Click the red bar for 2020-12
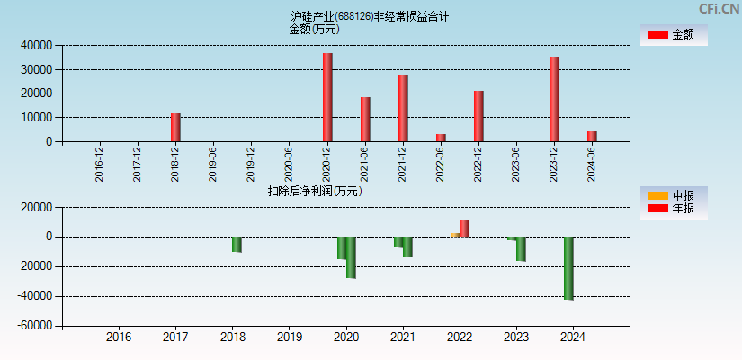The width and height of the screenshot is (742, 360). pyautogui.click(x=327, y=97)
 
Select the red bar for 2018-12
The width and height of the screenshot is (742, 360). pyautogui.click(x=175, y=127)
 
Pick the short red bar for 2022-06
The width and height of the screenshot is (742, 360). pyautogui.click(x=441, y=138)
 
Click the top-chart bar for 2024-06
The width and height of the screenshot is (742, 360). pyautogui.click(x=592, y=136)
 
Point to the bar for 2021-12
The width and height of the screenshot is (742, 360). pyautogui.click(x=403, y=108)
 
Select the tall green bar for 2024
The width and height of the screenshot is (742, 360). pyautogui.click(x=568, y=267)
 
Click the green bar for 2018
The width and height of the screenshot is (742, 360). pyautogui.click(x=237, y=244)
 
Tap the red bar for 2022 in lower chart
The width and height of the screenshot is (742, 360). pyautogui.click(x=464, y=228)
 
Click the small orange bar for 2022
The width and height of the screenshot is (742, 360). pyautogui.click(x=455, y=235)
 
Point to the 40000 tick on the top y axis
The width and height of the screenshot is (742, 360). pyautogui.click(x=37, y=45)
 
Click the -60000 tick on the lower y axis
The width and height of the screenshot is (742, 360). pyautogui.click(x=34, y=326)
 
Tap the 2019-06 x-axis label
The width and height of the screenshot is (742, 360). pyautogui.click(x=213, y=164)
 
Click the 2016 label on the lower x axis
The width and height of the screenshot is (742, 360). pyautogui.click(x=119, y=337)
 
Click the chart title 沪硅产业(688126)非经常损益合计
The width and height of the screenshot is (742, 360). pyautogui.click(x=370, y=16)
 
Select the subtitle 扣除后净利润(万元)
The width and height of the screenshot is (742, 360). pyautogui.click(x=315, y=191)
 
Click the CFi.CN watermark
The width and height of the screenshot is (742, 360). pyautogui.click(x=719, y=8)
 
